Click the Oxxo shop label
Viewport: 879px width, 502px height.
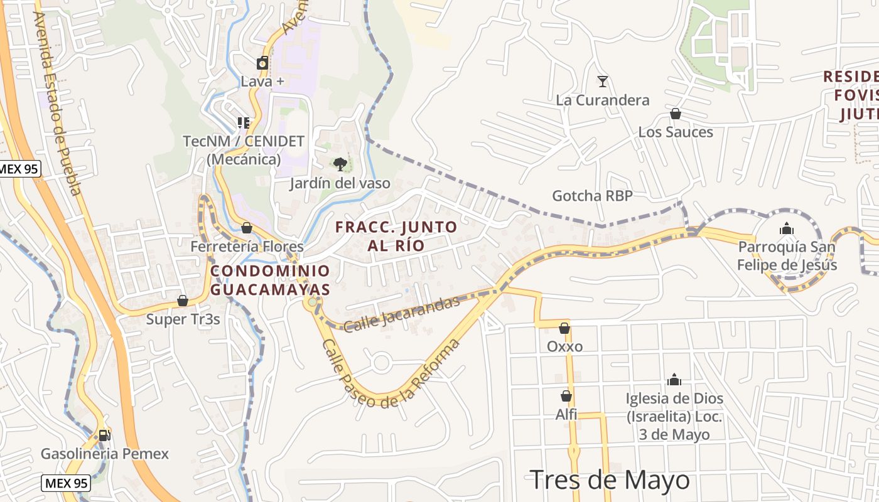pos(564,346)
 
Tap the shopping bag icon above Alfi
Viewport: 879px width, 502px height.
pos(566,396)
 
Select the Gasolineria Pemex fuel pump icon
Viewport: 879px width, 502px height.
pos(104,435)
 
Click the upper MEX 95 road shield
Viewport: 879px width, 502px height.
pos(19,169)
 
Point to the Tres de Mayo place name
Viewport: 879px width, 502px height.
pos(610,481)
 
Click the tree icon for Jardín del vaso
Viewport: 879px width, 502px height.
pos(340,164)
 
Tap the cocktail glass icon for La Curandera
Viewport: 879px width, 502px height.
pos(603,82)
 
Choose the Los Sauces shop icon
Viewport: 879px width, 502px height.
pos(676,114)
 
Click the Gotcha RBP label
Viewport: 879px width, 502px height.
pos(591,196)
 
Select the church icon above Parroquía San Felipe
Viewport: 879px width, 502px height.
pos(787,229)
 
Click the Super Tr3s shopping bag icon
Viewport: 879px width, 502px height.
pos(183,301)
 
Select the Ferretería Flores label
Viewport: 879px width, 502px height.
pos(247,247)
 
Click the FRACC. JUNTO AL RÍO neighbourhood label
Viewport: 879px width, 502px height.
pos(396,235)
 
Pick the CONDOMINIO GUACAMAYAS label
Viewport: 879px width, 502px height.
pos(270,280)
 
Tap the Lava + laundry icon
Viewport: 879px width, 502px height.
pos(262,63)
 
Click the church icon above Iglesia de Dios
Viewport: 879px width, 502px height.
pos(674,380)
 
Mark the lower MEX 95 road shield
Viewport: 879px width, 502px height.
pos(66,483)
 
